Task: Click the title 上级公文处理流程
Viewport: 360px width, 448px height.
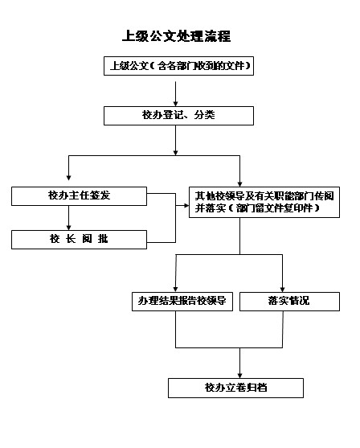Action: [x=176, y=36]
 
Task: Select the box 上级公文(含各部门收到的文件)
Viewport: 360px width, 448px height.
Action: [x=178, y=66]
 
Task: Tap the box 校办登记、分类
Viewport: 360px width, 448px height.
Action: [x=178, y=116]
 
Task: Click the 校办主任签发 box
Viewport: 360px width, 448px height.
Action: [x=79, y=196]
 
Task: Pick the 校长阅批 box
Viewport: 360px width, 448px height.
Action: [x=79, y=240]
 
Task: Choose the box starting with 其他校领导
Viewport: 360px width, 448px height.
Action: [x=264, y=203]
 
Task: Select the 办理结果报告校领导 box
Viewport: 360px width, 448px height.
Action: [x=182, y=302]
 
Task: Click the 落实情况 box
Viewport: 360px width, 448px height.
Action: [x=289, y=302]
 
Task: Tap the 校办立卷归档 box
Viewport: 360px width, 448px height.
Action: [x=235, y=388]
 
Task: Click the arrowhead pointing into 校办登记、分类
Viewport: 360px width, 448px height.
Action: [x=175, y=104]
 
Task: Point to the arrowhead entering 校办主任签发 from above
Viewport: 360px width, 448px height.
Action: [x=68, y=178]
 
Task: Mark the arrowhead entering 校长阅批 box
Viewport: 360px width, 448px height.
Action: [x=68, y=228]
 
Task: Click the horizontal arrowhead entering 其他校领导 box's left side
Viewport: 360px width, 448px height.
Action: [x=186, y=205]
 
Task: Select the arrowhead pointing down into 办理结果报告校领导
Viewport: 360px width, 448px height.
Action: [x=175, y=289]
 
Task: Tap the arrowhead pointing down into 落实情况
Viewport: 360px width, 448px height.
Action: [x=282, y=289]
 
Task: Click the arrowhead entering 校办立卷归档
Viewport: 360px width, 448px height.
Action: [x=239, y=376]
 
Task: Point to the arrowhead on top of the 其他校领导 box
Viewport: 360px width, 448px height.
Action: [x=239, y=184]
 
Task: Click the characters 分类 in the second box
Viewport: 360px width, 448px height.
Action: [x=204, y=115]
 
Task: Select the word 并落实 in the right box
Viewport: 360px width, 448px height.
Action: [x=211, y=208]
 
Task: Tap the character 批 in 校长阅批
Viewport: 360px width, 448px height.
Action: [x=103, y=239]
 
